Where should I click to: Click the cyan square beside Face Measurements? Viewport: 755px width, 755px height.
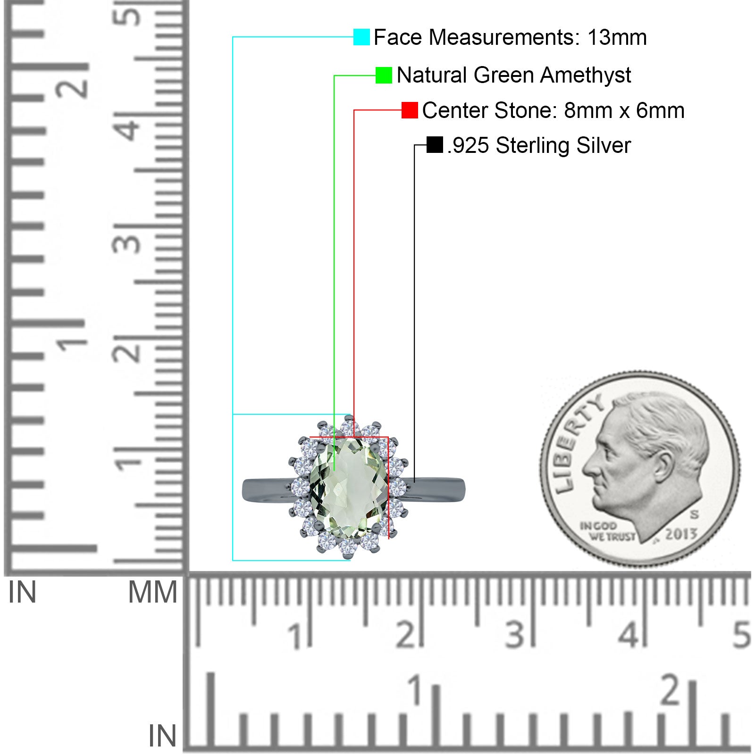(x=361, y=37)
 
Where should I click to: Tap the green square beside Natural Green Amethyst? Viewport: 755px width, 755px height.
(x=384, y=75)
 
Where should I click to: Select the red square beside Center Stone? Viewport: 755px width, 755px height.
(x=410, y=110)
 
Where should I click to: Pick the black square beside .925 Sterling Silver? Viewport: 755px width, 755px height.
(x=435, y=145)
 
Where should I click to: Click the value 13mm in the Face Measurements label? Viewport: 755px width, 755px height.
(x=617, y=37)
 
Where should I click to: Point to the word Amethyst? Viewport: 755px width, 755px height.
(x=586, y=75)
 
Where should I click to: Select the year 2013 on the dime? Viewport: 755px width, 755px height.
(x=681, y=534)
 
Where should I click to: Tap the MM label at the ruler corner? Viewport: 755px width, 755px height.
(x=152, y=592)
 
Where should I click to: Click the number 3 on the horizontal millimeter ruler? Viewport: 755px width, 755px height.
(x=514, y=635)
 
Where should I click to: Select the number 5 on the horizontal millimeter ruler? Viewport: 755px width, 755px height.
(x=741, y=635)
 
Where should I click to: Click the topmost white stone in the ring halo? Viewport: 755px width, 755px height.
(x=348, y=427)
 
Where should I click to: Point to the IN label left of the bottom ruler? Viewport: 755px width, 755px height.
(x=162, y=736)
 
